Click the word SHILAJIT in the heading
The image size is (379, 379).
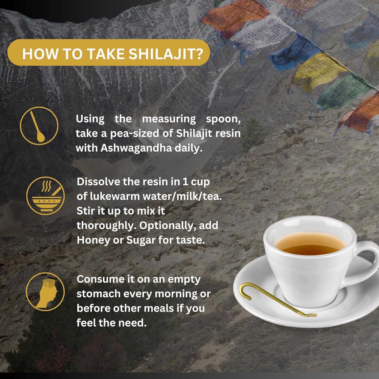click(166, 54)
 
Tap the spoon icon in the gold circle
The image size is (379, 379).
click(39, 126)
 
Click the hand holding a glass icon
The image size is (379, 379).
click(45, 292)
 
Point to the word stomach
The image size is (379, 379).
click(99, 294)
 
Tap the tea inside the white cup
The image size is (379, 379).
click(310, 244)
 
